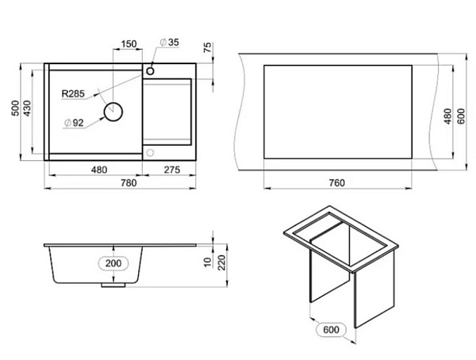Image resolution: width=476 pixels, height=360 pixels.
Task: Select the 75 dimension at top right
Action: coord(208,48)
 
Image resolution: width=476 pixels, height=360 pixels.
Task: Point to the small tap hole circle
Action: coord(151,71)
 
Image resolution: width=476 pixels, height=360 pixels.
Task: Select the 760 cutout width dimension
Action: coord(336,183)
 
